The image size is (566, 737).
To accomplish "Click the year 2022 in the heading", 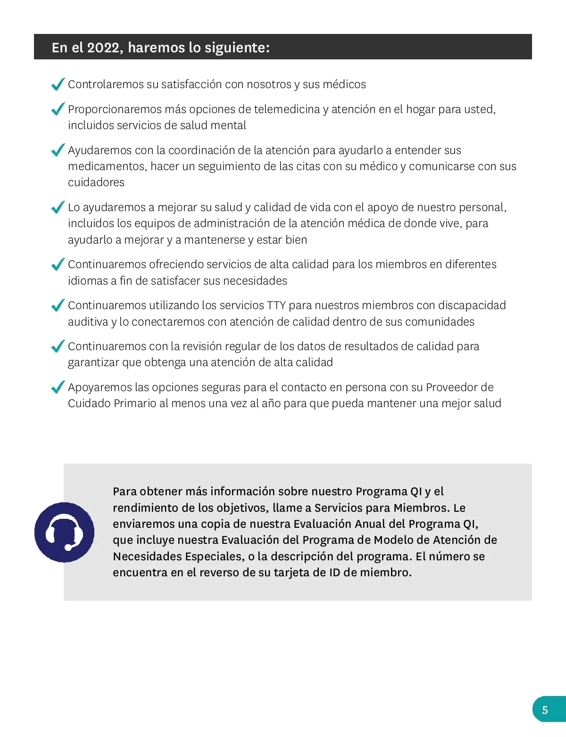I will point(103,48).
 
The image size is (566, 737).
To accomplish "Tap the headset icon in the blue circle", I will point(64,532).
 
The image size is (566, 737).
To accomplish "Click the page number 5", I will point(545,710).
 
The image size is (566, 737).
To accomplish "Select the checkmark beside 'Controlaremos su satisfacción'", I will point(58,84).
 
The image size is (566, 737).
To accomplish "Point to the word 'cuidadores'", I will point(96,182).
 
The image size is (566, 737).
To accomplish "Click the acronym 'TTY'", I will point(276,305).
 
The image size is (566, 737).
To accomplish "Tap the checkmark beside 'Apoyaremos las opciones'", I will point(58,387).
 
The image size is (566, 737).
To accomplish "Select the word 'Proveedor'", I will point(452,387).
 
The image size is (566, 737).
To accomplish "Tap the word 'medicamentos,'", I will point(108,166).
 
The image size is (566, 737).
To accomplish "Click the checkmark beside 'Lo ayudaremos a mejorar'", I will point(58,207).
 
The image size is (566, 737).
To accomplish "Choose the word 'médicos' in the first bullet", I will point(347,84).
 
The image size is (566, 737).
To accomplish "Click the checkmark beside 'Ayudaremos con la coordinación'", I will point(58,150).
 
